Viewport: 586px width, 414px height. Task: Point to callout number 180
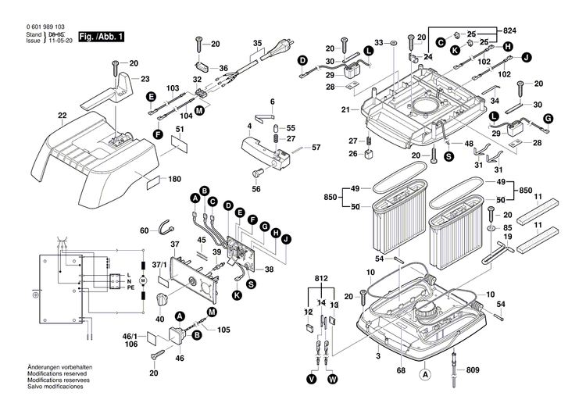[x=176, y=179]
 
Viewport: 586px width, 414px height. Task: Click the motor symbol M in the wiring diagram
[x=142, y=280]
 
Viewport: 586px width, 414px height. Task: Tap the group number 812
[x=321, y=278]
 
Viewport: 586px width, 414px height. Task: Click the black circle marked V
[x=312, y=379]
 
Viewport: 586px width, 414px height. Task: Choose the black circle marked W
[x=333, y=379]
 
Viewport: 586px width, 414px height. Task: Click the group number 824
[x=509, y=30]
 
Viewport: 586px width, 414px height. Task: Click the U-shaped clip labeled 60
[x=165, y=228]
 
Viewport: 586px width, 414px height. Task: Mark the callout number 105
[x=224, y=330]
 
